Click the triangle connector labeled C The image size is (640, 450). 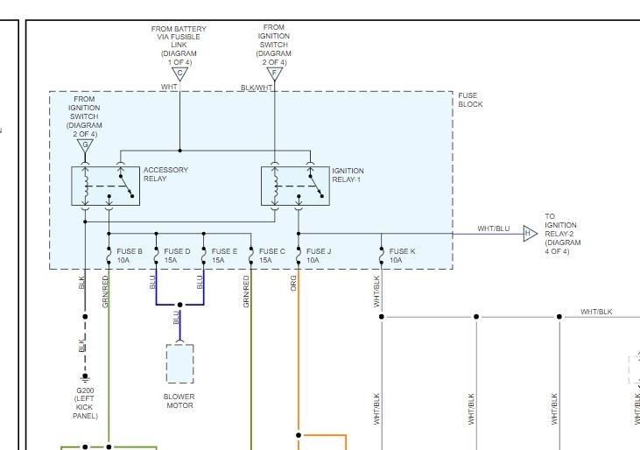tap(179, 74)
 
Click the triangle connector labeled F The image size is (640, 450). tap(275, 74)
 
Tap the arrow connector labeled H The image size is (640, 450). tap(530, 234)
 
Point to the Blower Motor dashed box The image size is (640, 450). tap(179, 363)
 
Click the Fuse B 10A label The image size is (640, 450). tap(130, 256)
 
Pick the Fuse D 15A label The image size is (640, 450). tap(177, 256)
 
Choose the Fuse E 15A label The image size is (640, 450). tap(224, 256)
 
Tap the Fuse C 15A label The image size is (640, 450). tap(271, 256)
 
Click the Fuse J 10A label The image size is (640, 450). tap(319, 256)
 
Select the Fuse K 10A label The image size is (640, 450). tap(402, 256)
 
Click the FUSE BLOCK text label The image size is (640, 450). tap(470, 100)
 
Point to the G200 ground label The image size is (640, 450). tap(85, 403)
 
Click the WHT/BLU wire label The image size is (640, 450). tap(493, 229)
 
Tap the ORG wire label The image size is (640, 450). tap(294, 284)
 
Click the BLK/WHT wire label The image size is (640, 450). tap(257, 88)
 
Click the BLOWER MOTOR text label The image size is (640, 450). tap(179, 401)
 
